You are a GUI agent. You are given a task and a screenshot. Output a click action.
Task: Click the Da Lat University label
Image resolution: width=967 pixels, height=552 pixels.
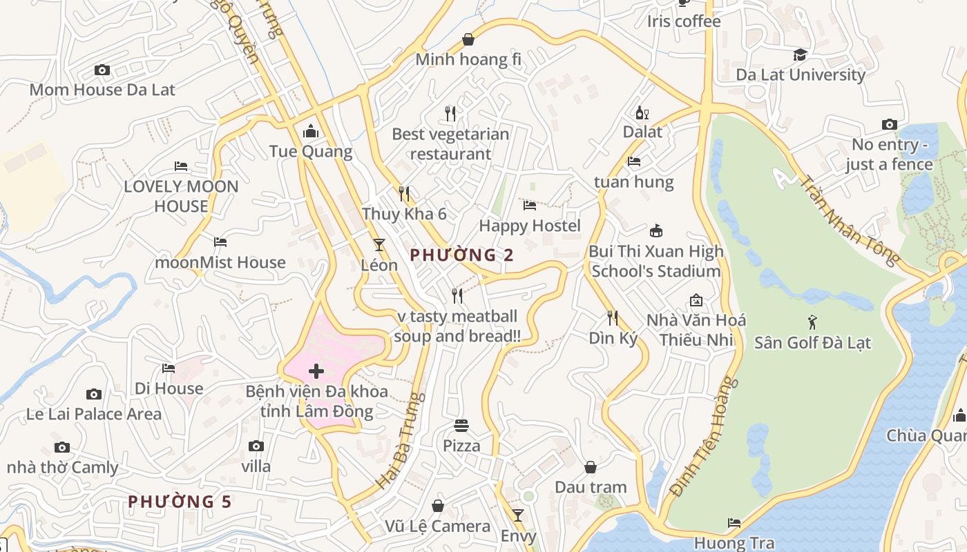(x=801, y=75)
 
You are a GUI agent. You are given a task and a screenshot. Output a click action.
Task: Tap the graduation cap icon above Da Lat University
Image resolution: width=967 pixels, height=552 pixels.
(x=800, y=55)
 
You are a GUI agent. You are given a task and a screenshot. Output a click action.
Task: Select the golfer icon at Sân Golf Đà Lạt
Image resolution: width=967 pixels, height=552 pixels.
(x=812, y=322)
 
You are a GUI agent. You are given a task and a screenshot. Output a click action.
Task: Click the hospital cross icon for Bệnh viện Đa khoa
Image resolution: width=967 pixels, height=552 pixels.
(x=316, y=371)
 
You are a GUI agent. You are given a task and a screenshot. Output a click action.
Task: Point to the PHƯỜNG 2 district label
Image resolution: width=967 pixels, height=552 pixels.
(x=461, y=255)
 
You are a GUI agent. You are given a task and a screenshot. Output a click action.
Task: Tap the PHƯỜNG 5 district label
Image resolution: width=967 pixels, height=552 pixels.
(x=180, y=502)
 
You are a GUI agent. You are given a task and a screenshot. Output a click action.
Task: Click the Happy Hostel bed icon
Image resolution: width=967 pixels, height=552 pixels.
(x=530, y=206)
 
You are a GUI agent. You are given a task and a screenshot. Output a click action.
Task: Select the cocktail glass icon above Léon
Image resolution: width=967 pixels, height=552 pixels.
(x=379, y=244)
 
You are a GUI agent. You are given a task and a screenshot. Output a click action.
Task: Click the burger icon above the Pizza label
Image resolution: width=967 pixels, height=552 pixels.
(x=461, y=426)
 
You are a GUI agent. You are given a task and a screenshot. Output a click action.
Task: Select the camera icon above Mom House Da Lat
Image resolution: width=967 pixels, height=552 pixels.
(x=102, y=70)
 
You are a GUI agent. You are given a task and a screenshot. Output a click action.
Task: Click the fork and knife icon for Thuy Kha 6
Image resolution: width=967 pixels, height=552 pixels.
(x=404, y=193)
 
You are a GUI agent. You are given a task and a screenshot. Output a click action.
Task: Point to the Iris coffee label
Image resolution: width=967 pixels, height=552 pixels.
(x=683, y=21)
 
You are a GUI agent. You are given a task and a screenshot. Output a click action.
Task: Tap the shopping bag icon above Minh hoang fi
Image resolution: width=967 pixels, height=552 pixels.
(x=468, y=39)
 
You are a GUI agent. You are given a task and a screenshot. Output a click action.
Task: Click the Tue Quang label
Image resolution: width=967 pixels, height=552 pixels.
(x=311, y=151)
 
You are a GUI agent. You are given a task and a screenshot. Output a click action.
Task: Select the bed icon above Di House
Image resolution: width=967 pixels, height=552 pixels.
(x=169, y=368)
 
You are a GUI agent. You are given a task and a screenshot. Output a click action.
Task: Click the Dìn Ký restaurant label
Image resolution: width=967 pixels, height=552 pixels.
(x=613, y=338)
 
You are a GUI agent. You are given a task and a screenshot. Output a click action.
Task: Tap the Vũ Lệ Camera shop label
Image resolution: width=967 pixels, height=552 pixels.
(x=437, y=526)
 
